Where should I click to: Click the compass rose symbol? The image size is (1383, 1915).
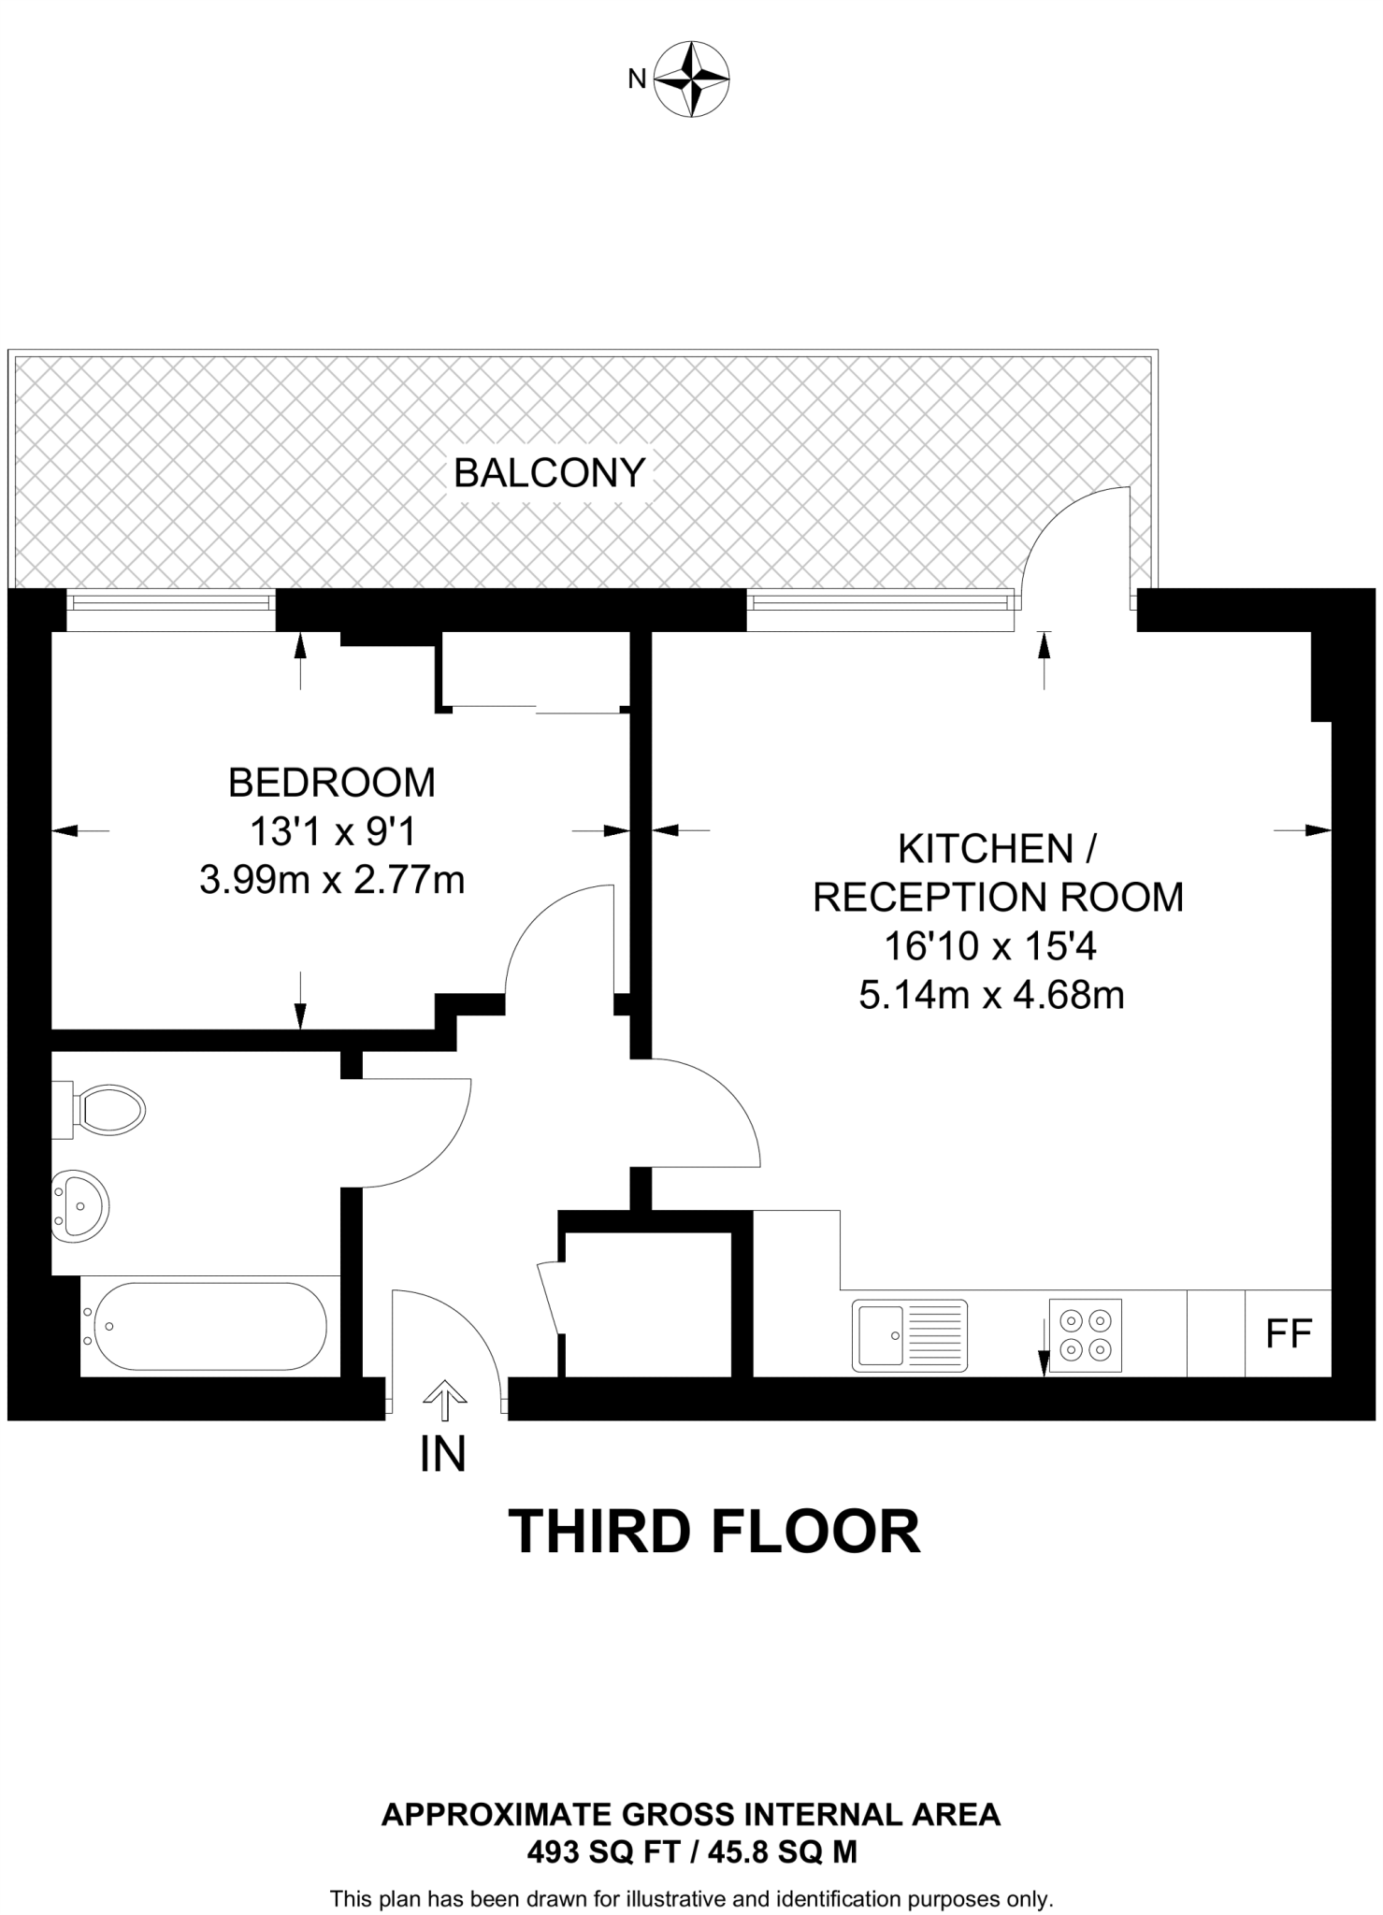click(x=692, y=79)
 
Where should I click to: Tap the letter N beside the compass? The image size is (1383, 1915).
click(x=637, y=79)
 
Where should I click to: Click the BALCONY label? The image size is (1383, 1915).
click(x=550, y=473)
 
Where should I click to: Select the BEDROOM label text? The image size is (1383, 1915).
click(x=332, y=783)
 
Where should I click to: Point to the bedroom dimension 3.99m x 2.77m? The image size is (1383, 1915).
click(x=332, y=880)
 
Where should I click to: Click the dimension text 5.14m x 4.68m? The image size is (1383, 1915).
click(x=991, y=995)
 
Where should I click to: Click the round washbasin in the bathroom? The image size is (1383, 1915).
click(x=79, y=1206)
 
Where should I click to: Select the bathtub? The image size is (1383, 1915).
click(x=206, y=1326)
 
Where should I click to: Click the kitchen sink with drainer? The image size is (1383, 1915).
click(x=910, y=1335)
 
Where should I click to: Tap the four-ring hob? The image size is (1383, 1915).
click(x=1085, y=1335)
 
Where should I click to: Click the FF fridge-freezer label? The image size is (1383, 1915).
click(x=1289, y=1334)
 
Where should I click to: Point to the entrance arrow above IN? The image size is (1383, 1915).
click(x=443, y=1399)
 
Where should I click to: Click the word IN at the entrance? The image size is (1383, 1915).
click(x=442, y=1455)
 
